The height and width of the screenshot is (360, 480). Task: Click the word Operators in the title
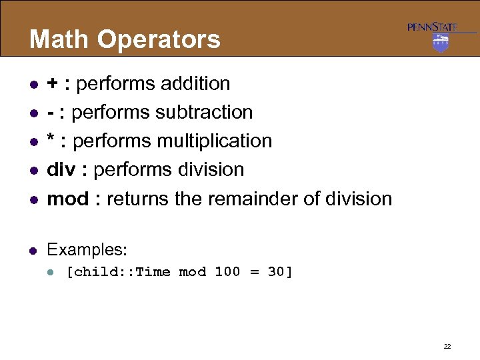tap(159, 39)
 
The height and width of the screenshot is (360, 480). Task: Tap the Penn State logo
tap(441, 37)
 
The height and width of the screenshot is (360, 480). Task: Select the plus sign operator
tap(51, 84)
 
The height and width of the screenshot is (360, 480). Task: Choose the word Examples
tap(87, 250)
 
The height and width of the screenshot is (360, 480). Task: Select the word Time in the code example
tap(153, 272)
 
